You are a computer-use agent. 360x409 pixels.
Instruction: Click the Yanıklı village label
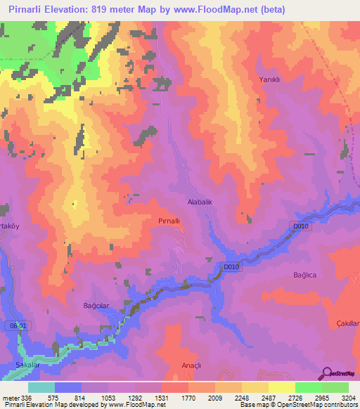[270, 79]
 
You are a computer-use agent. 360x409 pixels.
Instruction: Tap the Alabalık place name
[200, 201]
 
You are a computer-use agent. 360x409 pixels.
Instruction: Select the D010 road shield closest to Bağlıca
[300, 226]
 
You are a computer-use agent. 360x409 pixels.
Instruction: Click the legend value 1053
[108, 397]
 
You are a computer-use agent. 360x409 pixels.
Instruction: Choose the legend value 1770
[188, 397]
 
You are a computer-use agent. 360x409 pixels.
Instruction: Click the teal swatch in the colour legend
[41, 387]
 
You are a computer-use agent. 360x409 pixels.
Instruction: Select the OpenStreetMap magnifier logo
[327, 374]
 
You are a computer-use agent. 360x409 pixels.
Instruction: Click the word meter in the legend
[11, 397]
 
